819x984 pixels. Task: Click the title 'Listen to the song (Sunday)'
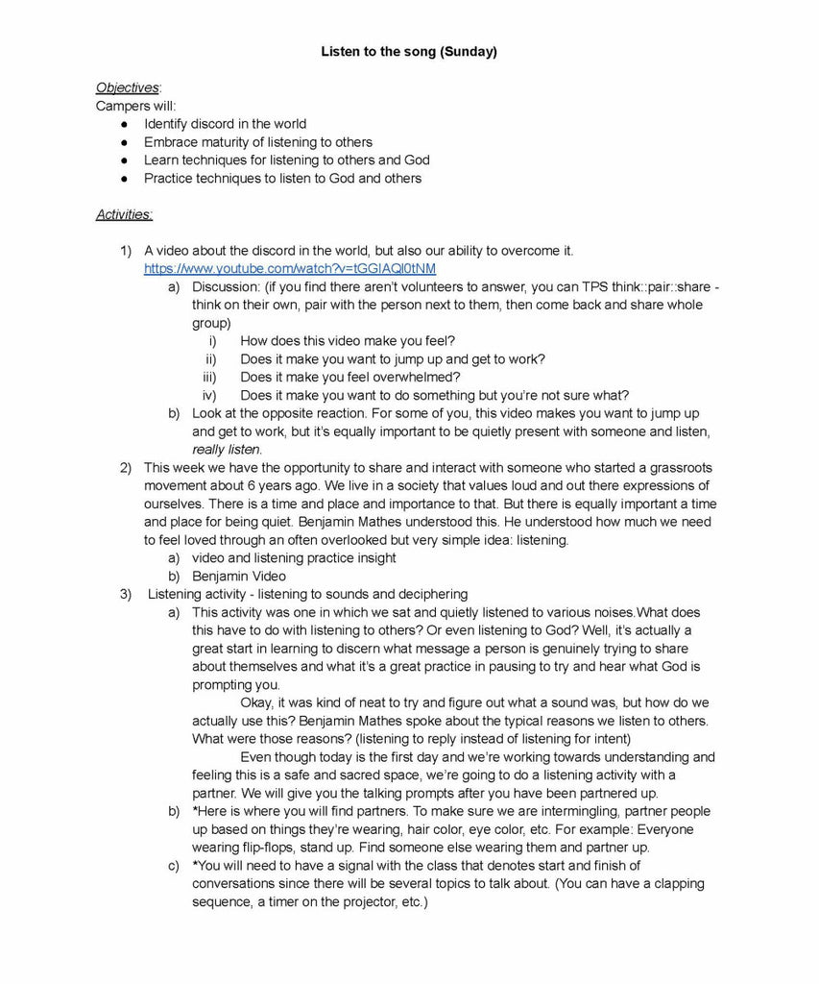pos(409,52)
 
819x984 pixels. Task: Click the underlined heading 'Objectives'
pos(127,87)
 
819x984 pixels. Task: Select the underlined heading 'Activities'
pos(124,214)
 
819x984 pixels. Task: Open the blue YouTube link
pos(289,268)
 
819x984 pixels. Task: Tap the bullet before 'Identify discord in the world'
pos(125,124)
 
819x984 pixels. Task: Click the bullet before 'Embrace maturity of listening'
pos(125,142)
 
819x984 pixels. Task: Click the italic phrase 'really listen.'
pos(227,449)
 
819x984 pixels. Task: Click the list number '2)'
pos(126,468)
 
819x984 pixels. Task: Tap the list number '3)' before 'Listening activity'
pos(126,594)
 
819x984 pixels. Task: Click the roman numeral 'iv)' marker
pos(209,395)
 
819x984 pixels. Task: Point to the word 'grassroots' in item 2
pos(677,468)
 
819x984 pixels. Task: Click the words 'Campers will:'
pos(135,106)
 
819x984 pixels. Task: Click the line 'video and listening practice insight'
pos(294,558)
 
